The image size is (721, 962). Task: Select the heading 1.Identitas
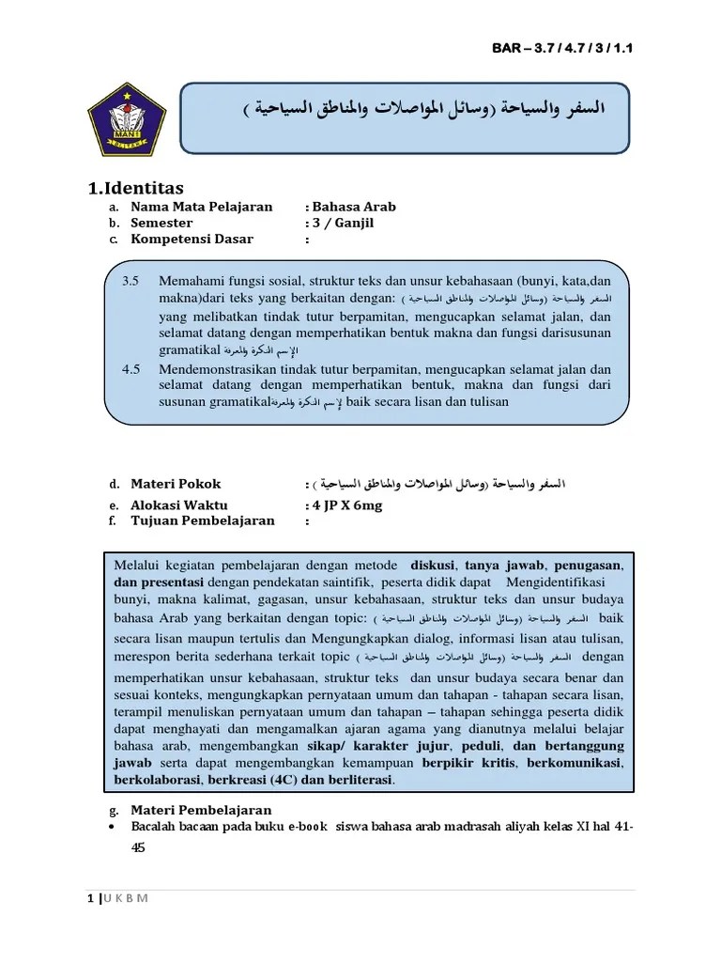point(136,188)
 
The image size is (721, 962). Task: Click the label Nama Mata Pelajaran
point(201,207)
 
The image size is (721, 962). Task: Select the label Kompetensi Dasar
point(192,239)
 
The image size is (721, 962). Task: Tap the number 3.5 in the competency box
point(130,281)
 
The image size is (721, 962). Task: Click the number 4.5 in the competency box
point(130,368)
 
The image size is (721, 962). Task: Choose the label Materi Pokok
point(176,484)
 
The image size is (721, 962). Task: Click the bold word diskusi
point(432,566)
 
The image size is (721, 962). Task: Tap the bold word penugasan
point(589,566)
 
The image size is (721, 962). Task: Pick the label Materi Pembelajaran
point(201,810)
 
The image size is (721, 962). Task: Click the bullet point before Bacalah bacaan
point(113,826)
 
